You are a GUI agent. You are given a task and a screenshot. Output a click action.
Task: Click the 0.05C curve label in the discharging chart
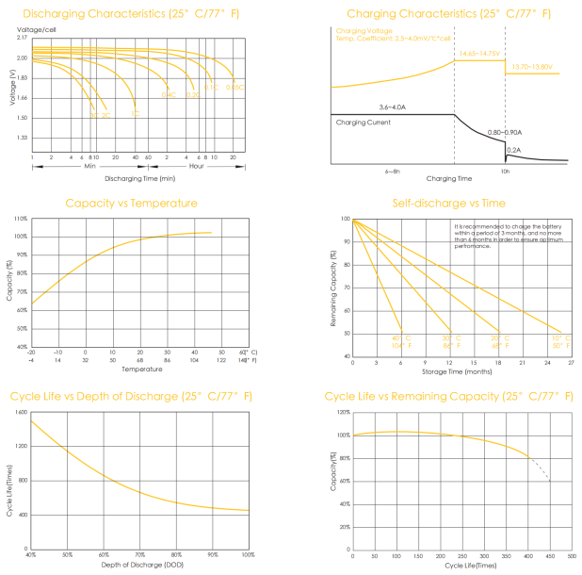pos(234,88)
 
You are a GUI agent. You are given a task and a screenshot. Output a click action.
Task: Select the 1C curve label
pos(136,114)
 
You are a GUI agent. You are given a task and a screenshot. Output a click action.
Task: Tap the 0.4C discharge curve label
pos(169,94)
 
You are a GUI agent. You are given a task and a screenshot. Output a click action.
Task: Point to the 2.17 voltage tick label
pos(22,37)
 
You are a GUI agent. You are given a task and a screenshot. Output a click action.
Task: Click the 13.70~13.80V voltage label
pos(531,67)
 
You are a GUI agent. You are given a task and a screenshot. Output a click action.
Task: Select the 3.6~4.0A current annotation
pos(392,107)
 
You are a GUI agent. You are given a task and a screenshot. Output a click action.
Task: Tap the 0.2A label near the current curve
pos(513,149)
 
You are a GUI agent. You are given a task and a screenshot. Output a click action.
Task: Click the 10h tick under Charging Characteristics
pos(505,171)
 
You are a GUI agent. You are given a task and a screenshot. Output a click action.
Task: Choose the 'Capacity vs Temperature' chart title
pos(131,203)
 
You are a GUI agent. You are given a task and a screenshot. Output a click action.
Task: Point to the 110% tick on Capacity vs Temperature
pos(21,219)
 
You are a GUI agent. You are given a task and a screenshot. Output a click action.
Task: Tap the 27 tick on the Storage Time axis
pos(571,362)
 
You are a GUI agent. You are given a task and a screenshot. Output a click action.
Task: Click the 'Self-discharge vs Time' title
pos(453,203)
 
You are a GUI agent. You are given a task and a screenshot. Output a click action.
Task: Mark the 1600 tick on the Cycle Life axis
pos(20,413)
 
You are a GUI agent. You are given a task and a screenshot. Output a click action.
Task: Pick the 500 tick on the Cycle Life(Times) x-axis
pos(572,556)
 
